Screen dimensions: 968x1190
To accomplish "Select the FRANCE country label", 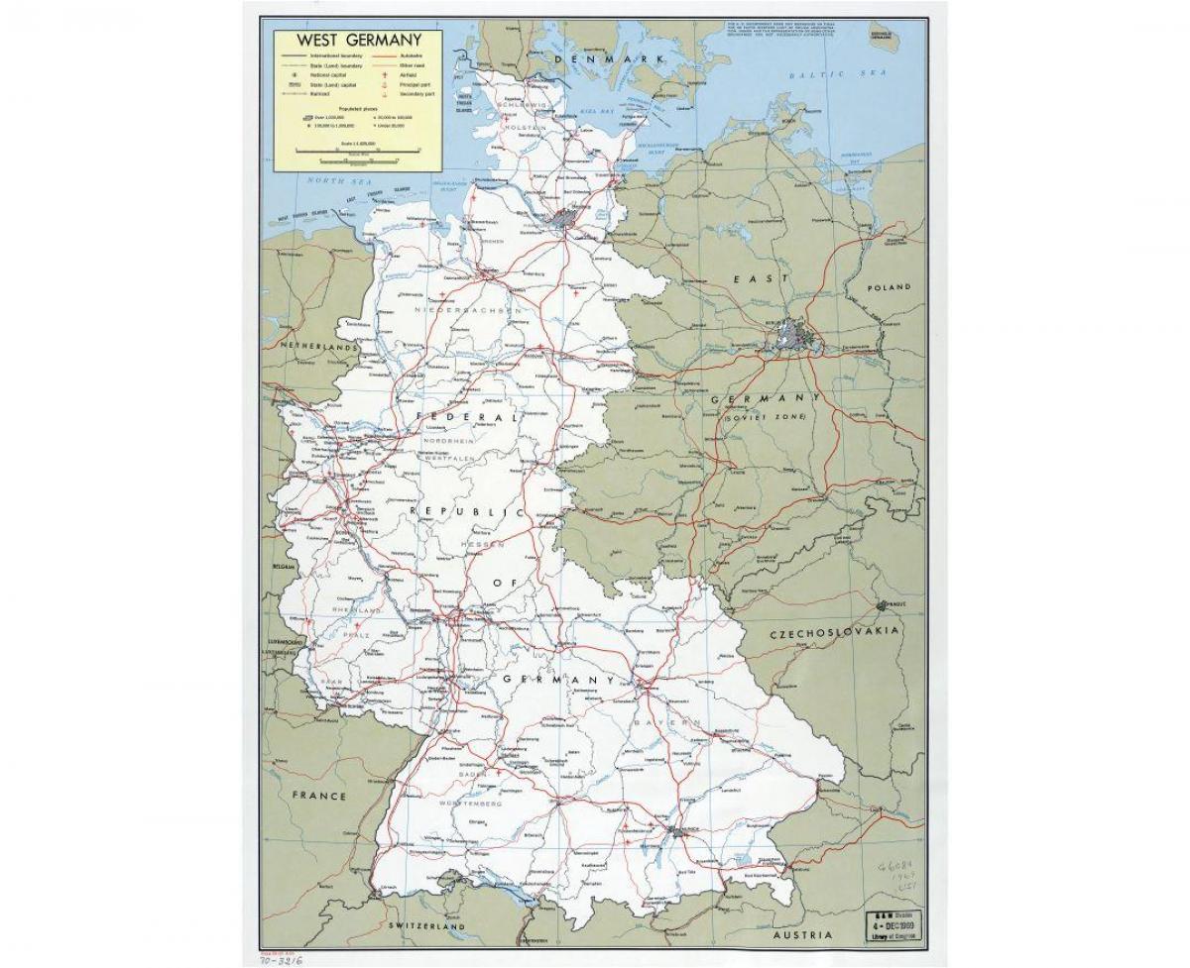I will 319,796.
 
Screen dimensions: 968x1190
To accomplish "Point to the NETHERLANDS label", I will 317,349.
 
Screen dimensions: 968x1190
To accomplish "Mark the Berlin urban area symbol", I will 793,337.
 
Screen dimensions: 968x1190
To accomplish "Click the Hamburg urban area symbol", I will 567,219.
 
